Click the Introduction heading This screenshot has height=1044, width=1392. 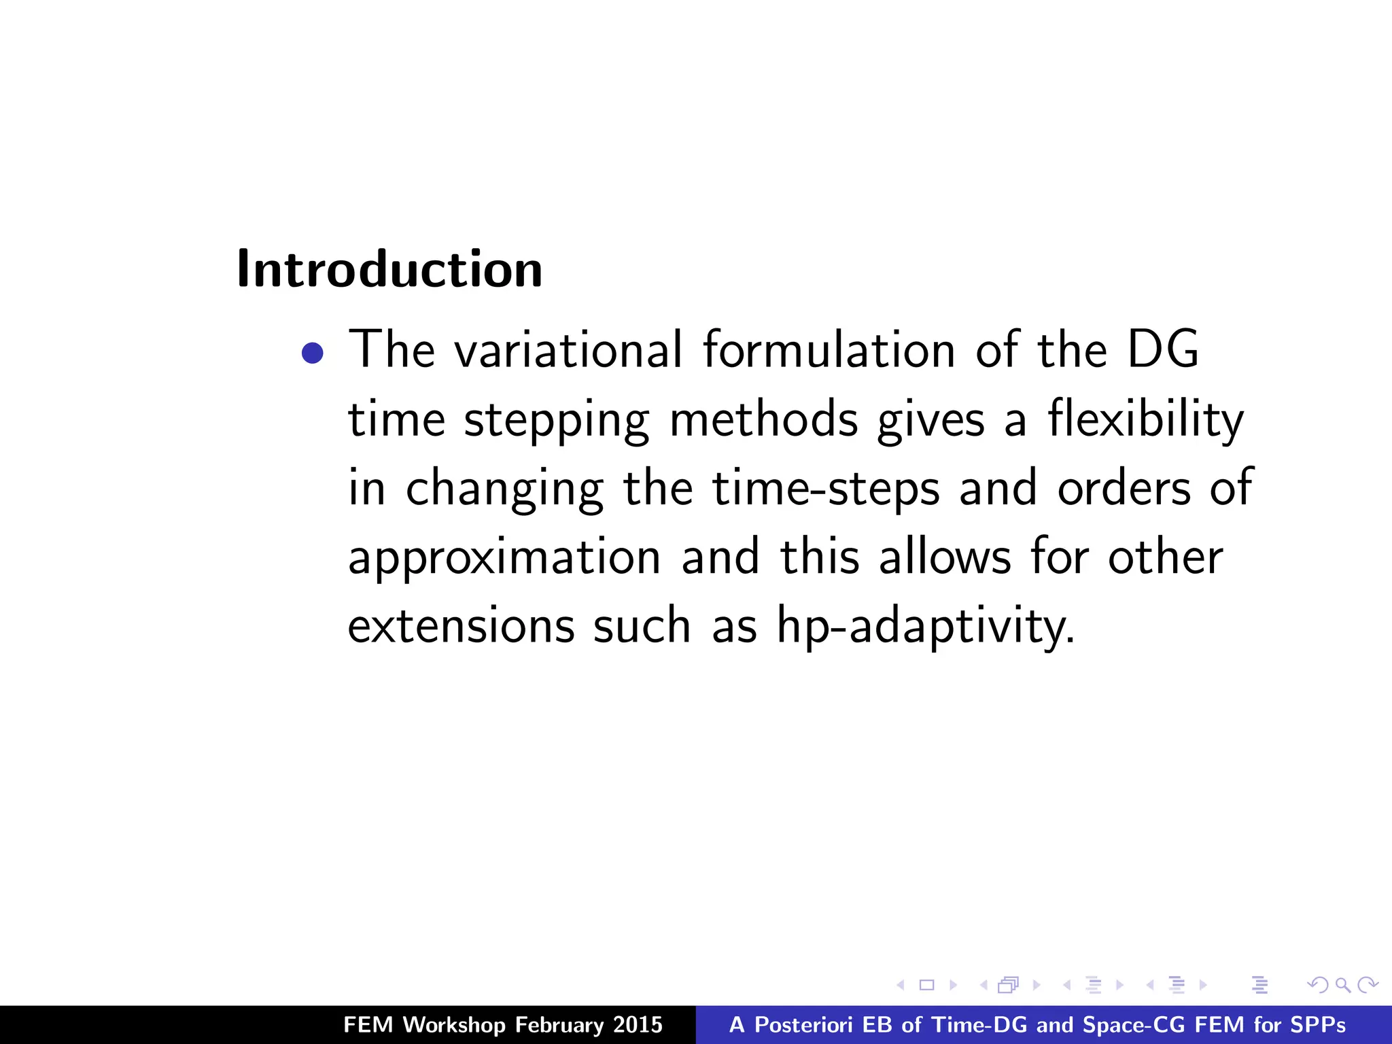coord(389,270)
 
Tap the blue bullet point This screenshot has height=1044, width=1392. coord(312,353)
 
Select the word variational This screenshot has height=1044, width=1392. coord(568,350)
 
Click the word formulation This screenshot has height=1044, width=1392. coord(829,350)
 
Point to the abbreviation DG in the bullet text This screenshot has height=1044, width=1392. coord(1163,350)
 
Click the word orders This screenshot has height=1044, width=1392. coord(1124,488)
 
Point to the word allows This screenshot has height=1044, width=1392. coord(945,556)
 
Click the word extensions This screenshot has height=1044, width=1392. coord(461,625)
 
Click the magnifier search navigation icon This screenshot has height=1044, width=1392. coord(1342,984)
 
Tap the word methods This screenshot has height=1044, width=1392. coord(764,420)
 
